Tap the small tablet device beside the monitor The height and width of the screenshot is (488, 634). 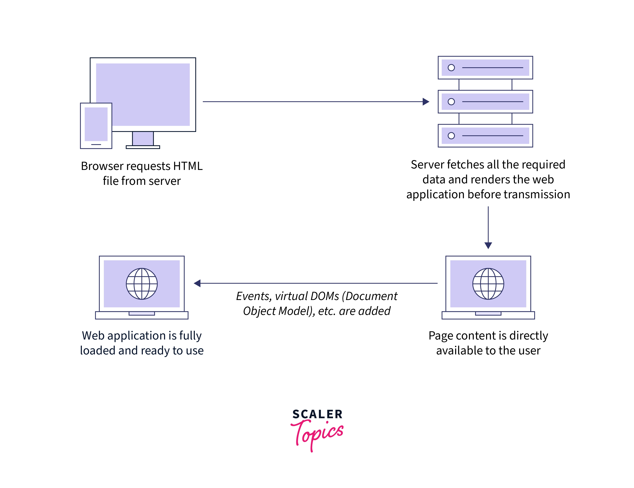[x=96, y=126]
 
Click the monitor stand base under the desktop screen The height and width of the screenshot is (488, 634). [x=143, y=147]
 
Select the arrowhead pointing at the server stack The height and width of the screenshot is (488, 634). [x=426, y=102]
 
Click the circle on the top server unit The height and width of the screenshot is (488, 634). [x=451, y=68]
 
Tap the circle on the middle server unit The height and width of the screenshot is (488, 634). [x=451, y=102]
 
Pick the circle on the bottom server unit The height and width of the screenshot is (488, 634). [x=451, y=135]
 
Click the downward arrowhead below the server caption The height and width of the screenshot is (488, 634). [x=488, y=245]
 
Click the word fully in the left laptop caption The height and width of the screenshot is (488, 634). [x=190, y=336]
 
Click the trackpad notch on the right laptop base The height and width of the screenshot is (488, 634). [x=488, y=313]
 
